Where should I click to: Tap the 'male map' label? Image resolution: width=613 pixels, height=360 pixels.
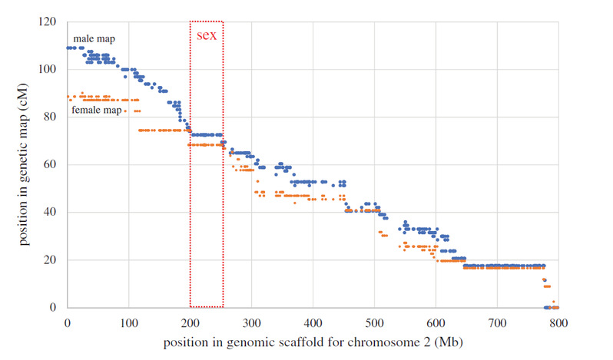(94, 38)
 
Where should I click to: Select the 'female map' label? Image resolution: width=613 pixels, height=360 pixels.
(97, 111)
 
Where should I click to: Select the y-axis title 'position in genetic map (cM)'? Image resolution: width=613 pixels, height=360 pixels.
(25, 164)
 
